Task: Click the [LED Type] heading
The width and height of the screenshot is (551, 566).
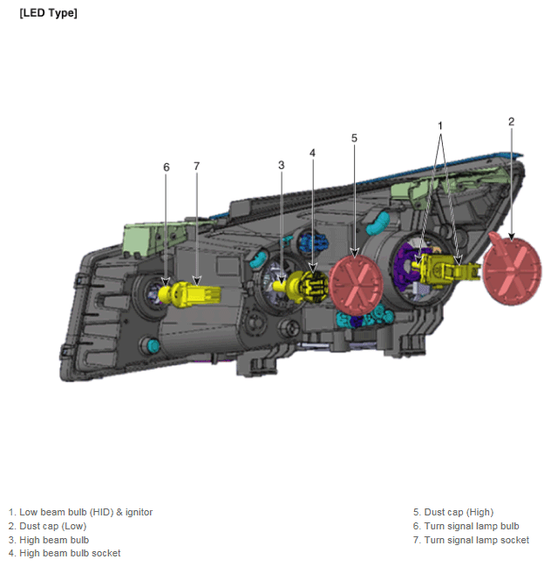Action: [48, 13]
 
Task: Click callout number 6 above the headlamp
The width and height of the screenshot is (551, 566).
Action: [166, 167]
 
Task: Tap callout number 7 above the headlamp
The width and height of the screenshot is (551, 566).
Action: [197, 166]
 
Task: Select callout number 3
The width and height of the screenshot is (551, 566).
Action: [281, 165]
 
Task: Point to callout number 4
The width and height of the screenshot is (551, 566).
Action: [312, 153]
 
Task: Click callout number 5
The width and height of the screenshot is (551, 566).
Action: [354, 138]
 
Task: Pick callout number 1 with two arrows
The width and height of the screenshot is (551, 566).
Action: [440, 126]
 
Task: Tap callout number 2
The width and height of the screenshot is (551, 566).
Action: [511, 121]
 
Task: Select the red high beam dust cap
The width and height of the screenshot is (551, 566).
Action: [356, 285]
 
